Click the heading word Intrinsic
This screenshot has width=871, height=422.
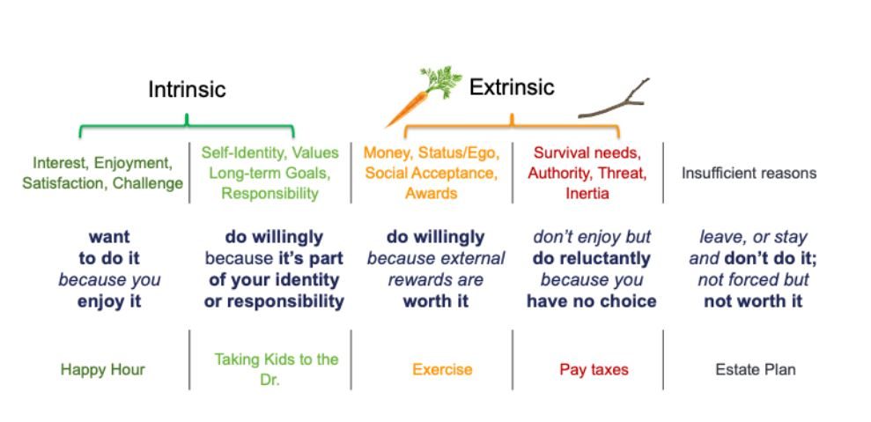point(187,90)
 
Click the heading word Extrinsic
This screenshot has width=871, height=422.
point(512,87)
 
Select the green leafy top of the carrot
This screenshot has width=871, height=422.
point(441,82)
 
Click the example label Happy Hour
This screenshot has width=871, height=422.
point(103,370)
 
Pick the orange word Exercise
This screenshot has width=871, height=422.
point(442,370)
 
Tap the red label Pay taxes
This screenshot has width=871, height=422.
point(594,370)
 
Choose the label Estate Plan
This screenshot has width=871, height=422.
point(756,370)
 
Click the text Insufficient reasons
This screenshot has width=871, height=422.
point(749,173)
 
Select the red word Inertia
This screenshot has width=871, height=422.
point(587,194)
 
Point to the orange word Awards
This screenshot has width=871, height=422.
point(431,194)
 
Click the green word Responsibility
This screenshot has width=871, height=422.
point(270,194)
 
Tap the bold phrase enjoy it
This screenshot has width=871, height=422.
point(109,301)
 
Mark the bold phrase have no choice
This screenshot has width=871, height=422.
point(592,301)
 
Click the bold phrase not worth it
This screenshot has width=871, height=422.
point(753,301)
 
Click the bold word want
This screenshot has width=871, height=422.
point(109,237)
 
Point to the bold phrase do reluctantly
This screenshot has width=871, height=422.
point(592,258)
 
